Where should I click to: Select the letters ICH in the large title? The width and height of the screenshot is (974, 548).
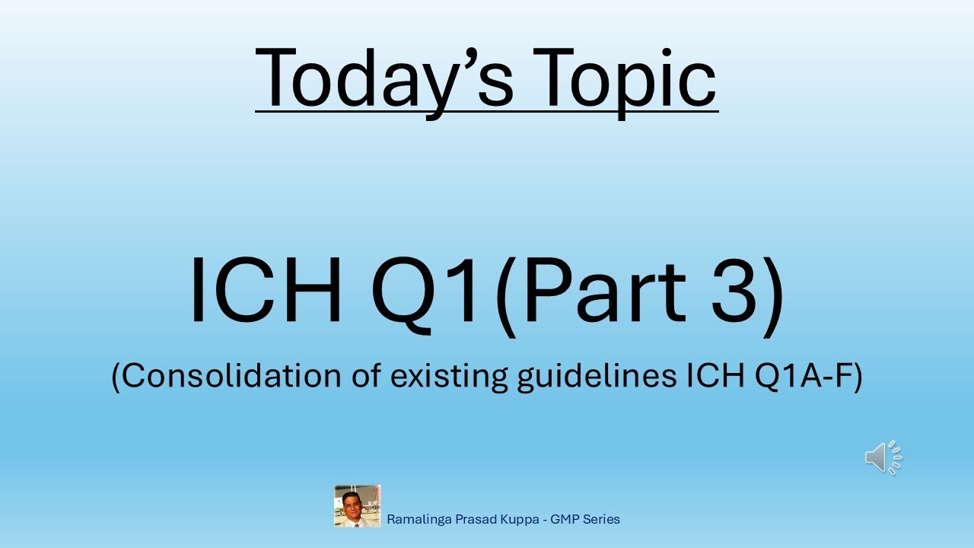pos(266,292)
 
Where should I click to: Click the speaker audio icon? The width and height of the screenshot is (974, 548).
pos(883,457)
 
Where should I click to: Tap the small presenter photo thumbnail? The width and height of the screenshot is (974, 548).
pos(357,506)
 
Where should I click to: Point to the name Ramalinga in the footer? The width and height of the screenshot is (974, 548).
pos(419,520)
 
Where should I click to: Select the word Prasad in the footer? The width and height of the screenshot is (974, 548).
pos(476,520)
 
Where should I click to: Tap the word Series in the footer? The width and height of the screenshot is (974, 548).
pos(603,520)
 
